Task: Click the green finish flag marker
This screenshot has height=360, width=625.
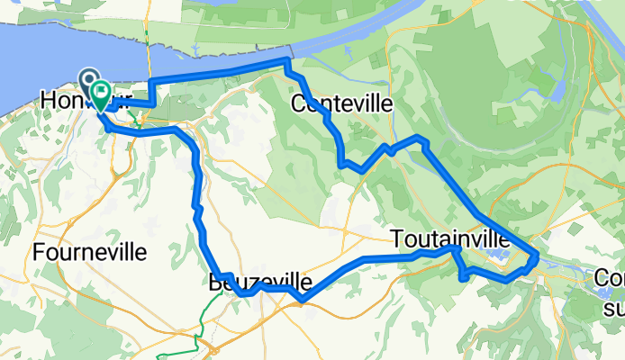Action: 100,92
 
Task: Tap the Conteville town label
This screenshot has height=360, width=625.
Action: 342,104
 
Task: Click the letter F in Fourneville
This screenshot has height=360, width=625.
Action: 38,253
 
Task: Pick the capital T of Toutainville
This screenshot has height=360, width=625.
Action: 397,238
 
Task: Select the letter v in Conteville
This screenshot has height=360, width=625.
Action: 365,104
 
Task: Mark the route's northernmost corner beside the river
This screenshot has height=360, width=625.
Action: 287,60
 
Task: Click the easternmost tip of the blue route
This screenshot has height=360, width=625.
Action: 537,257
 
